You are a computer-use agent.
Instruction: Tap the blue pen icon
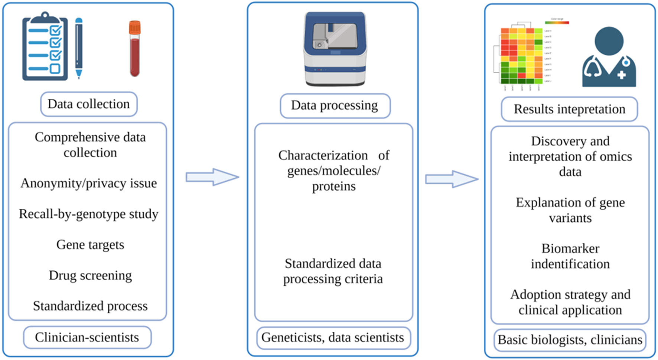pyautogui.click(x=79, y=48)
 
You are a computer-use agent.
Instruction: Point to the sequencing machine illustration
pyautogui.click(x=335, y=48)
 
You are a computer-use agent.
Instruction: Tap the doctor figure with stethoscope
pyautogui.click(x=609, y=58)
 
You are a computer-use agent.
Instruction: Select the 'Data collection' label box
pyautogui.click(x=89, y=104)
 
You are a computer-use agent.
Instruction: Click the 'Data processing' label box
pyautogui.click(x=335, y=106)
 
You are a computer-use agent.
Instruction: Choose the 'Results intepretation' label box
pyautogui.click(x=569, y=109)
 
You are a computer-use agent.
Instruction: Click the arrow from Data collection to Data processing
pyautogui.click(x=212, y=177)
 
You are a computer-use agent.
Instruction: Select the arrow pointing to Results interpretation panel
pyautogui.click(x=451, y=179)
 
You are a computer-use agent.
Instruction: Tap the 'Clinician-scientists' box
pyautogui.click(x=87, y=337)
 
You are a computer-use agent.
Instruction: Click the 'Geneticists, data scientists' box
pyautogui.click(x=333, y=338)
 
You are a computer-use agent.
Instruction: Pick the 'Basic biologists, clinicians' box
pyautogui.click(x=570, y=340)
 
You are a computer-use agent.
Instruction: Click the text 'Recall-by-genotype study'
pyautogui.click(x=89, y=214)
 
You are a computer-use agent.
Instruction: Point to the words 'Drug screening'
pyautogui.click(x=90, y=275)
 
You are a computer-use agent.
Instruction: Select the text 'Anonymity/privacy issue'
pyautogui.click(x=89, y=183)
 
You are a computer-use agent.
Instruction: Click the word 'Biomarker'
pyautogui.click(x=570, y=248)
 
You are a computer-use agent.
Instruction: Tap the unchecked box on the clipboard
pyautogui.click(x=55, y=68)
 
